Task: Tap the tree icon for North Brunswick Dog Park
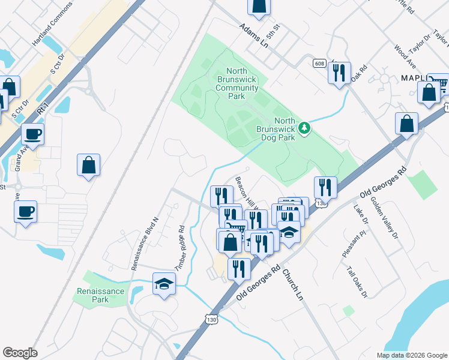click(305, 127)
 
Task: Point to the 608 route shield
click(319, 63)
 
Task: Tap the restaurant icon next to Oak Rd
click(339, 73)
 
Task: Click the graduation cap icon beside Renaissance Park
click(163, 283)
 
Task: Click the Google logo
click(20, 353)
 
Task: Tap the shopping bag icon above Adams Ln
click(259, 5)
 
